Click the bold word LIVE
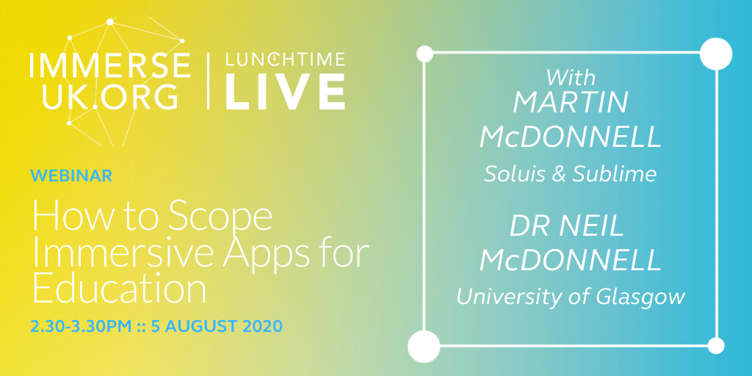284,93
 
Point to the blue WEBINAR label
71,176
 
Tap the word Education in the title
118,289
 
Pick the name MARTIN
570,103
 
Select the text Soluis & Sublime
569,173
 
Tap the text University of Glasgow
571,297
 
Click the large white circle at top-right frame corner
716,53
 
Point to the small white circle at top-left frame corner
424,53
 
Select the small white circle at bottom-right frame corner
716,345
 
